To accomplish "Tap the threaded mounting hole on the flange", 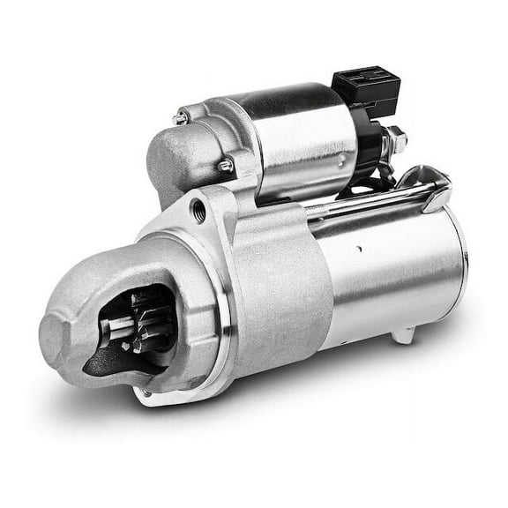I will point(198,210).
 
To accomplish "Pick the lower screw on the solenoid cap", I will point(226,165).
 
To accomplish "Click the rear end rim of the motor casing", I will point(459,265).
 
